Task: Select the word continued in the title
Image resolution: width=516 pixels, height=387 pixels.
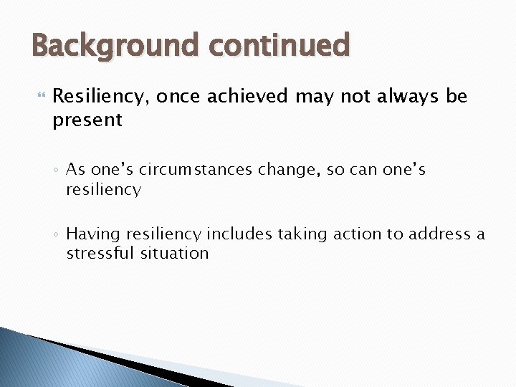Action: click(280, 46)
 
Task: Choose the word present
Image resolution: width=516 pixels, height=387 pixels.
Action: click(87, 120)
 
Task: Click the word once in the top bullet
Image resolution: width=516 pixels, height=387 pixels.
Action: click(178, 96)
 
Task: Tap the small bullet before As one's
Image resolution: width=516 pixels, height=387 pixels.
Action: click(56, 171)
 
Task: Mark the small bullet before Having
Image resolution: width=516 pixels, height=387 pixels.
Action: click(56, 235)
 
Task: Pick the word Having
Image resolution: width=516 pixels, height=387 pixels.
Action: click(92, 234)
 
